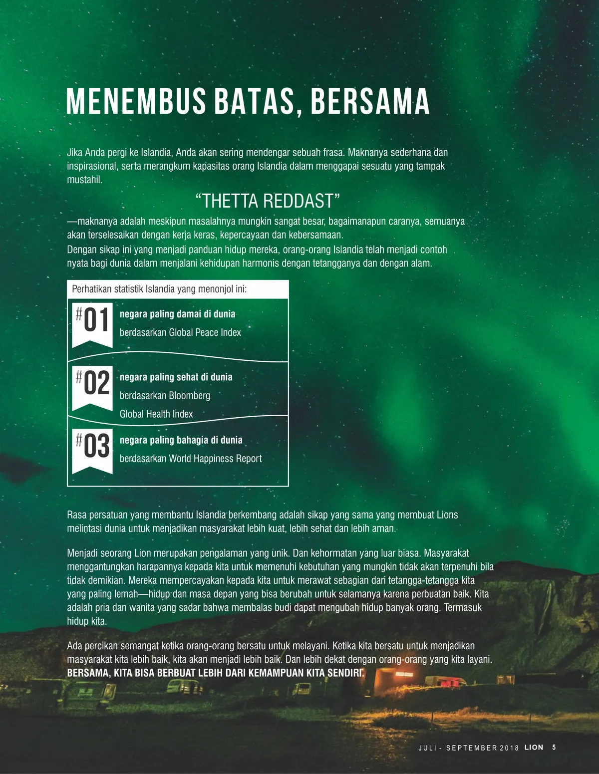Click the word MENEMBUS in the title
pos(136,101)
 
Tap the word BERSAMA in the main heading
pos(370,101)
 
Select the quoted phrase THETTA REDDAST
pos(268,201)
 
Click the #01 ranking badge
pos(92,323)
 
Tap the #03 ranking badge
pos(92,449)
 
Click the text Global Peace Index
pos(205,333)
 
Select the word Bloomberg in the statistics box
pos(189,396)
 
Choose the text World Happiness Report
pos(215,459)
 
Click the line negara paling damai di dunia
pos(177,314)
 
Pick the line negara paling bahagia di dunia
pos(181,440)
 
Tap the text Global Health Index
pos(156,414)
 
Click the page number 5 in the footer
pos(554,747)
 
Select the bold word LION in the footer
pos(534,747)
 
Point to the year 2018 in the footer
pos(509,748)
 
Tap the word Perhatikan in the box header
pos(92,289)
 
